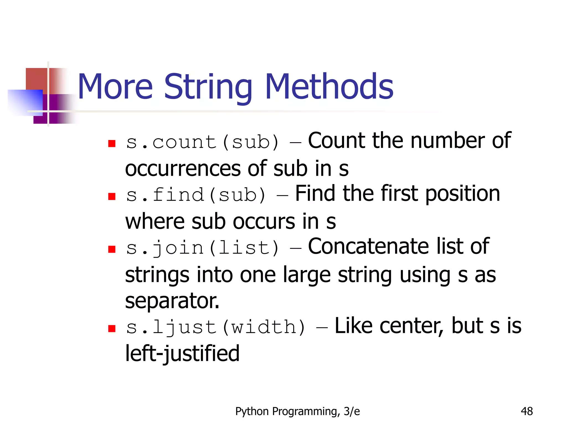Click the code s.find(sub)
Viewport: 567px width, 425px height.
[196, 195]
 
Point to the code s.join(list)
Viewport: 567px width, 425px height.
[202, 248]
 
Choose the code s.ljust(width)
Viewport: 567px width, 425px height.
[216, 327]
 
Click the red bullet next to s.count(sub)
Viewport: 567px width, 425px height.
[112, 144]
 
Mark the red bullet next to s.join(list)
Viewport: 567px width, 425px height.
[112, 249]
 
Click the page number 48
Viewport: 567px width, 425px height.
[527, 411]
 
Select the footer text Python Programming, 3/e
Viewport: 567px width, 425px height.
[297, 411]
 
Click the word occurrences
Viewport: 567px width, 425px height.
[183, 169]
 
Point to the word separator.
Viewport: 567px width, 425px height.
[172, 301]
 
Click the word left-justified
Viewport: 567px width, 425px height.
[182, 354]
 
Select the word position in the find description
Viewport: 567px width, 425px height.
[462, 194]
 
